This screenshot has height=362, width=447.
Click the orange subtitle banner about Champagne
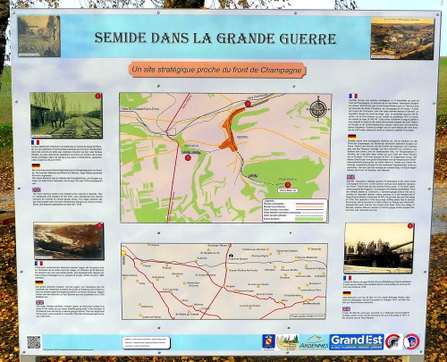(223, 70)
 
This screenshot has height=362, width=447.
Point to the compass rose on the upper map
(318, 109)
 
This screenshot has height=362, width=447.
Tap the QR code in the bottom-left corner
(34, 342)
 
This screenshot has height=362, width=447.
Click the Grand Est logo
(356, 341)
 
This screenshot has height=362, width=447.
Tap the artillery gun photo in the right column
(378, 247)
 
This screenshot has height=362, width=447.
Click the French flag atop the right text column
(353, 96)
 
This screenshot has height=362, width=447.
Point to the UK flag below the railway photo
(36, 189)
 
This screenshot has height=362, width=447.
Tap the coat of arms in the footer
(267, 342)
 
